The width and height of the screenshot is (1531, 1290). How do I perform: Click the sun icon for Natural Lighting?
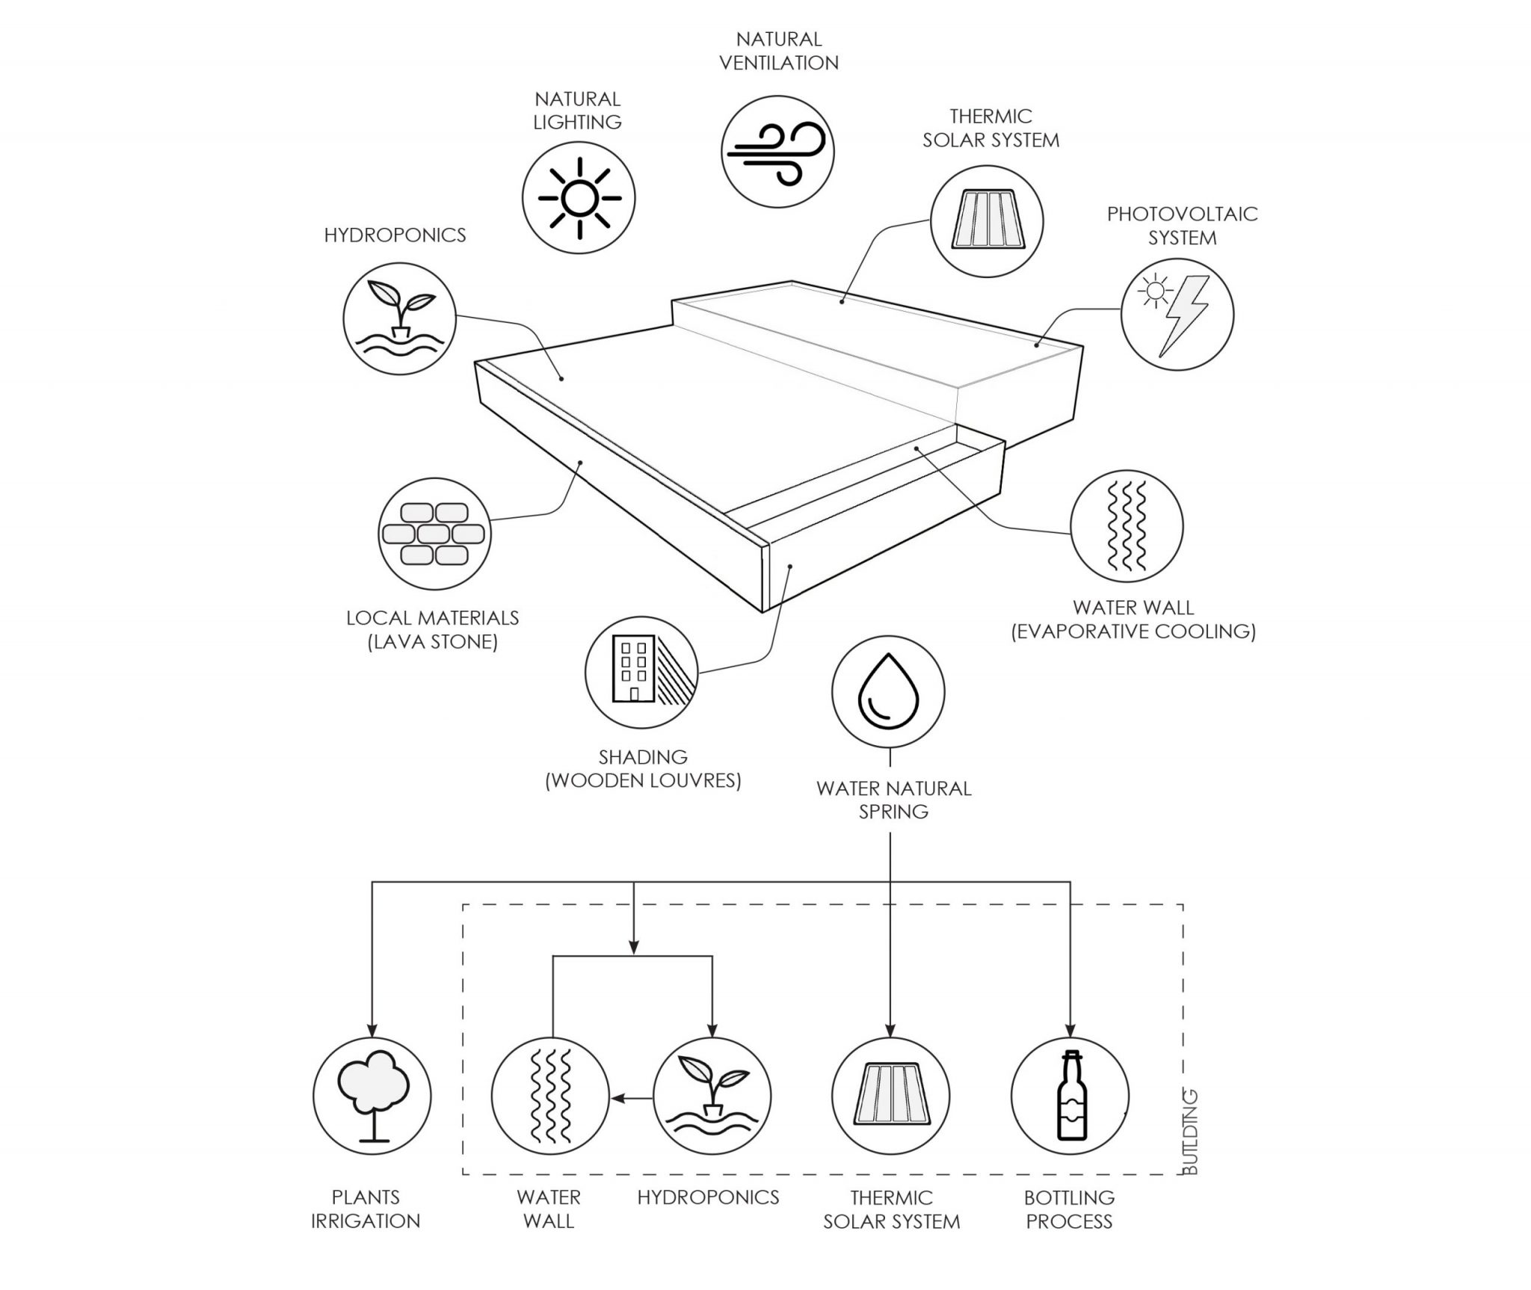[x=579, y=197]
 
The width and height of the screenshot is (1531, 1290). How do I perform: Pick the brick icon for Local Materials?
[x=434, y=534]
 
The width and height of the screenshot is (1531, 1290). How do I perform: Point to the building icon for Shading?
[x=641, y=670]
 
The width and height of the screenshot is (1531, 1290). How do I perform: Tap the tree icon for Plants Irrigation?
[x=372, y=1096]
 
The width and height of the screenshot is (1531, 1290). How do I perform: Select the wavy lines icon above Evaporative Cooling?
[x=1127, y=525]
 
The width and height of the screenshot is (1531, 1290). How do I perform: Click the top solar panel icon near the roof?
[x=987, y=221]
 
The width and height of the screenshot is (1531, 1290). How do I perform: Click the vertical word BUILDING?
[x=1191, y=1132]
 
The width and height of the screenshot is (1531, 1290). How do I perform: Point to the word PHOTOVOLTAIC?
[x=1183, y=215]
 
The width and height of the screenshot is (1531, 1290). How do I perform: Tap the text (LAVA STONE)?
[x=433, y=642]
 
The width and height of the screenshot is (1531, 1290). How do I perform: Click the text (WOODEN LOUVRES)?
[x=643, y=780]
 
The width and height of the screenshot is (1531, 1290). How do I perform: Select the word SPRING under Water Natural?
[x=893, y=811]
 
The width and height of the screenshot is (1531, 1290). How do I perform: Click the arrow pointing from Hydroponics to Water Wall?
[x=632, y=1098]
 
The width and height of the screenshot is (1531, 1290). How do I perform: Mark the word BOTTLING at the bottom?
[x=1070, y=1197]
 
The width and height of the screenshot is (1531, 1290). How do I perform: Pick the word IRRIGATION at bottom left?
[x=366, y=1221]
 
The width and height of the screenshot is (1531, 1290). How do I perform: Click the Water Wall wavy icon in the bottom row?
[x=550, y=1096]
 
